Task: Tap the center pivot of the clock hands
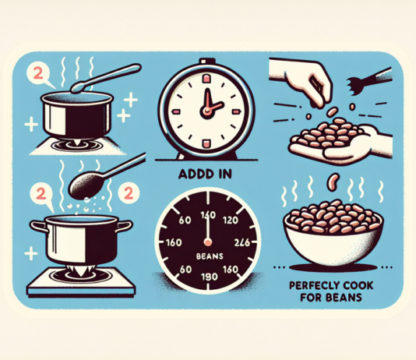point(207,110)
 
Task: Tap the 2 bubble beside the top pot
point(36,74)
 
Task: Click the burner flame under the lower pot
point(78,272)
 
